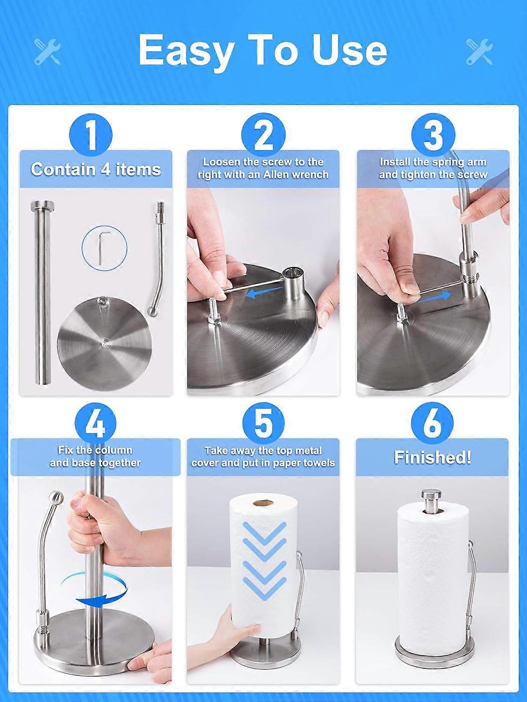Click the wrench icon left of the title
tap(47, 52)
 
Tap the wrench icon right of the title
tap(479, 52)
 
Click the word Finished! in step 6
tap(432, 457)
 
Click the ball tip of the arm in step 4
tap(56, 497)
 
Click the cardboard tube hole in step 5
tap(263, 504)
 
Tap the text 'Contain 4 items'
tap(96, 169)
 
